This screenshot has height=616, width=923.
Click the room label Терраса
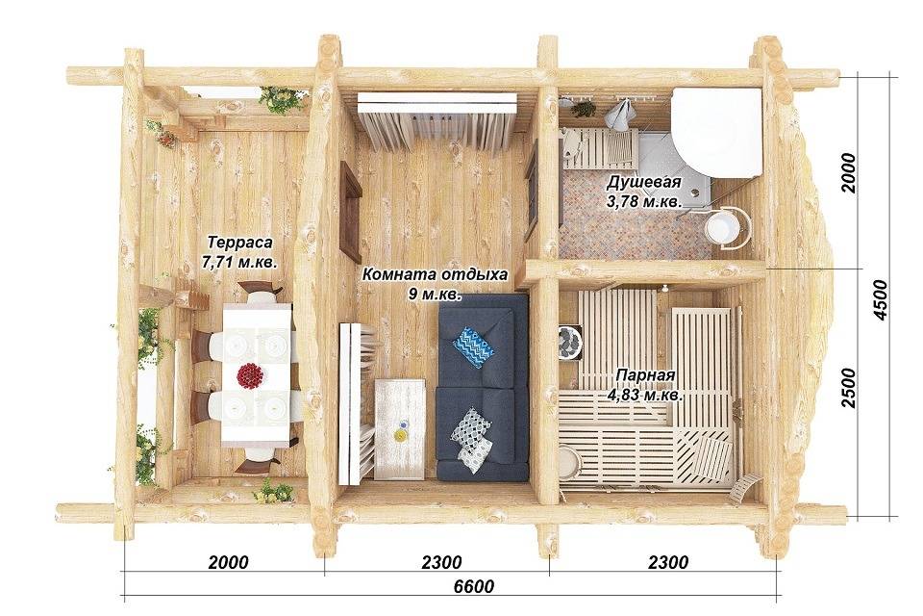pos(240,243)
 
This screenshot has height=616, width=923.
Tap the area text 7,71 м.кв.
pos(239,263)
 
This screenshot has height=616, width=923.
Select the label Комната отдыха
pos(435,274)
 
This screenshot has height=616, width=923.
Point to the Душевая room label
pos(644,182)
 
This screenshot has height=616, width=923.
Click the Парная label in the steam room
pos(645,375)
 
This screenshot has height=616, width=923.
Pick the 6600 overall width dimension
pos(474,587)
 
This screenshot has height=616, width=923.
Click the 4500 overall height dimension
pos(880,300)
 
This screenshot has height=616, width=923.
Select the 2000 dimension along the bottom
pos(228,562)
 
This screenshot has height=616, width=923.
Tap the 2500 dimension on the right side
pos(849,387)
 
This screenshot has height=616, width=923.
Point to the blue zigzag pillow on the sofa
pos(474,346)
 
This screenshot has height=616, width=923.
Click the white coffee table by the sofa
pos(400,428)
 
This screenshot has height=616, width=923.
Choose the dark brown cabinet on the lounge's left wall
pos(351,211)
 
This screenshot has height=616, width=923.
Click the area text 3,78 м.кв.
pos(644,201)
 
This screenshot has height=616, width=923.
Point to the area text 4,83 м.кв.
pos(645,396)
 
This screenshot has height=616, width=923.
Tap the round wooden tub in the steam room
pos(569,463)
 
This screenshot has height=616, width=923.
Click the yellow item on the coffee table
pos(400,435)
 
